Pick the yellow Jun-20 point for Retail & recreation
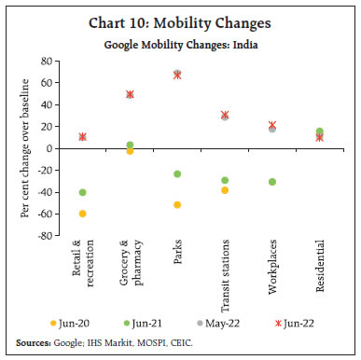click(83, 214)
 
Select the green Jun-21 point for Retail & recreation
click(83, 192)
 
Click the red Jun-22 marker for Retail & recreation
click(83, 136)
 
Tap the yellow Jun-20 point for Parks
click(176, 204)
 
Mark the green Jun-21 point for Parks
click(176, 174)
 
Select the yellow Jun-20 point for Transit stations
click(224, 190)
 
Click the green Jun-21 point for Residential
click(319, 132)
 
